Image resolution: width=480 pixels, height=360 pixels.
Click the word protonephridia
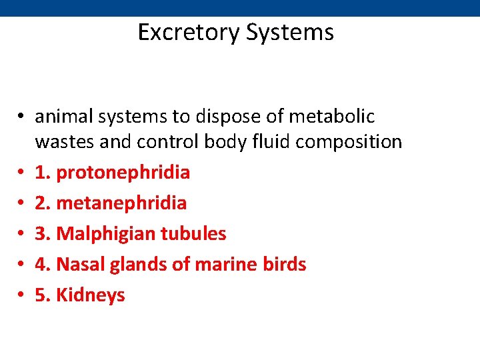click(123, 173)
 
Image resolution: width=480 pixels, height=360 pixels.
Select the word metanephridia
click(121, 203)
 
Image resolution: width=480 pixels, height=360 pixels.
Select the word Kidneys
click(91, 295)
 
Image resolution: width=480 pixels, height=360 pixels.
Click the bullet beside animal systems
click(22, 117)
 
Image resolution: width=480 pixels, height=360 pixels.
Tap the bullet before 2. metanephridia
click(22, 203)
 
